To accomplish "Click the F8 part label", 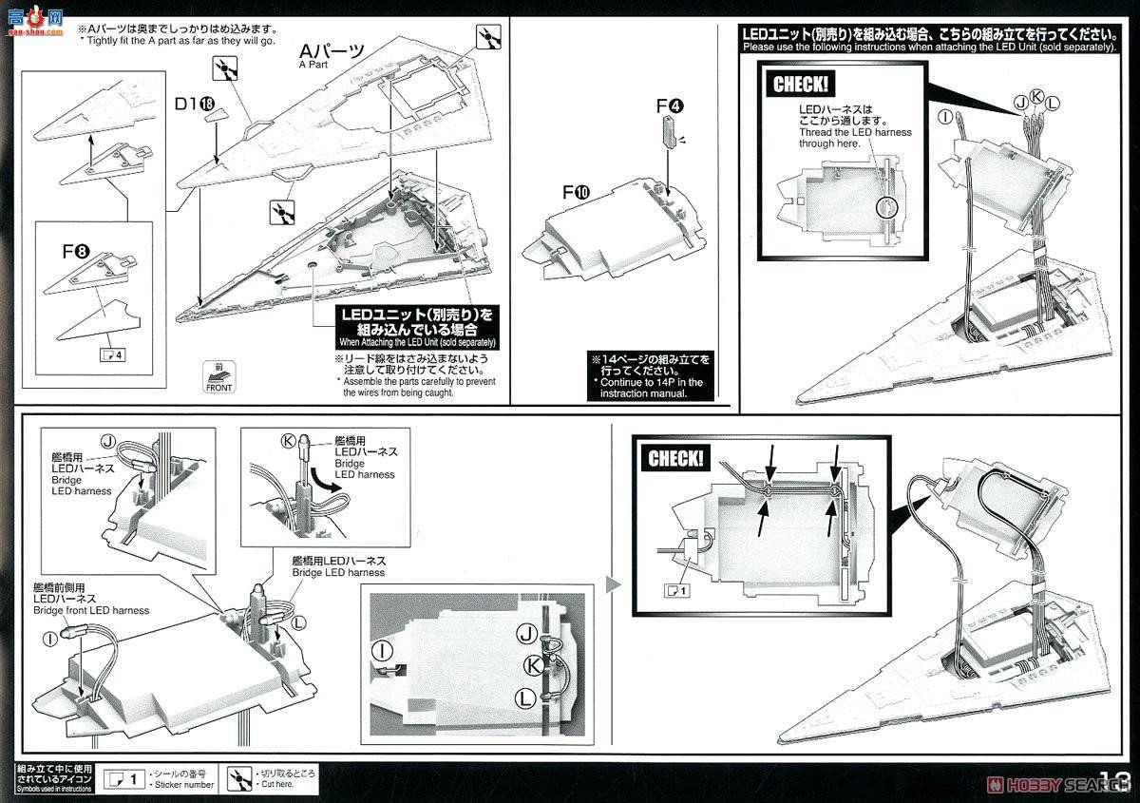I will click(x=76, y=252).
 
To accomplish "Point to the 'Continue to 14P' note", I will click(x=650, y=376).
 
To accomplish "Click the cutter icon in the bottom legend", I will click(x=243, y=778).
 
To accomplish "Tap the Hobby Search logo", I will click(x=1064, y=785).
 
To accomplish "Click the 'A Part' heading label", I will click(x=331, y=55).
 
